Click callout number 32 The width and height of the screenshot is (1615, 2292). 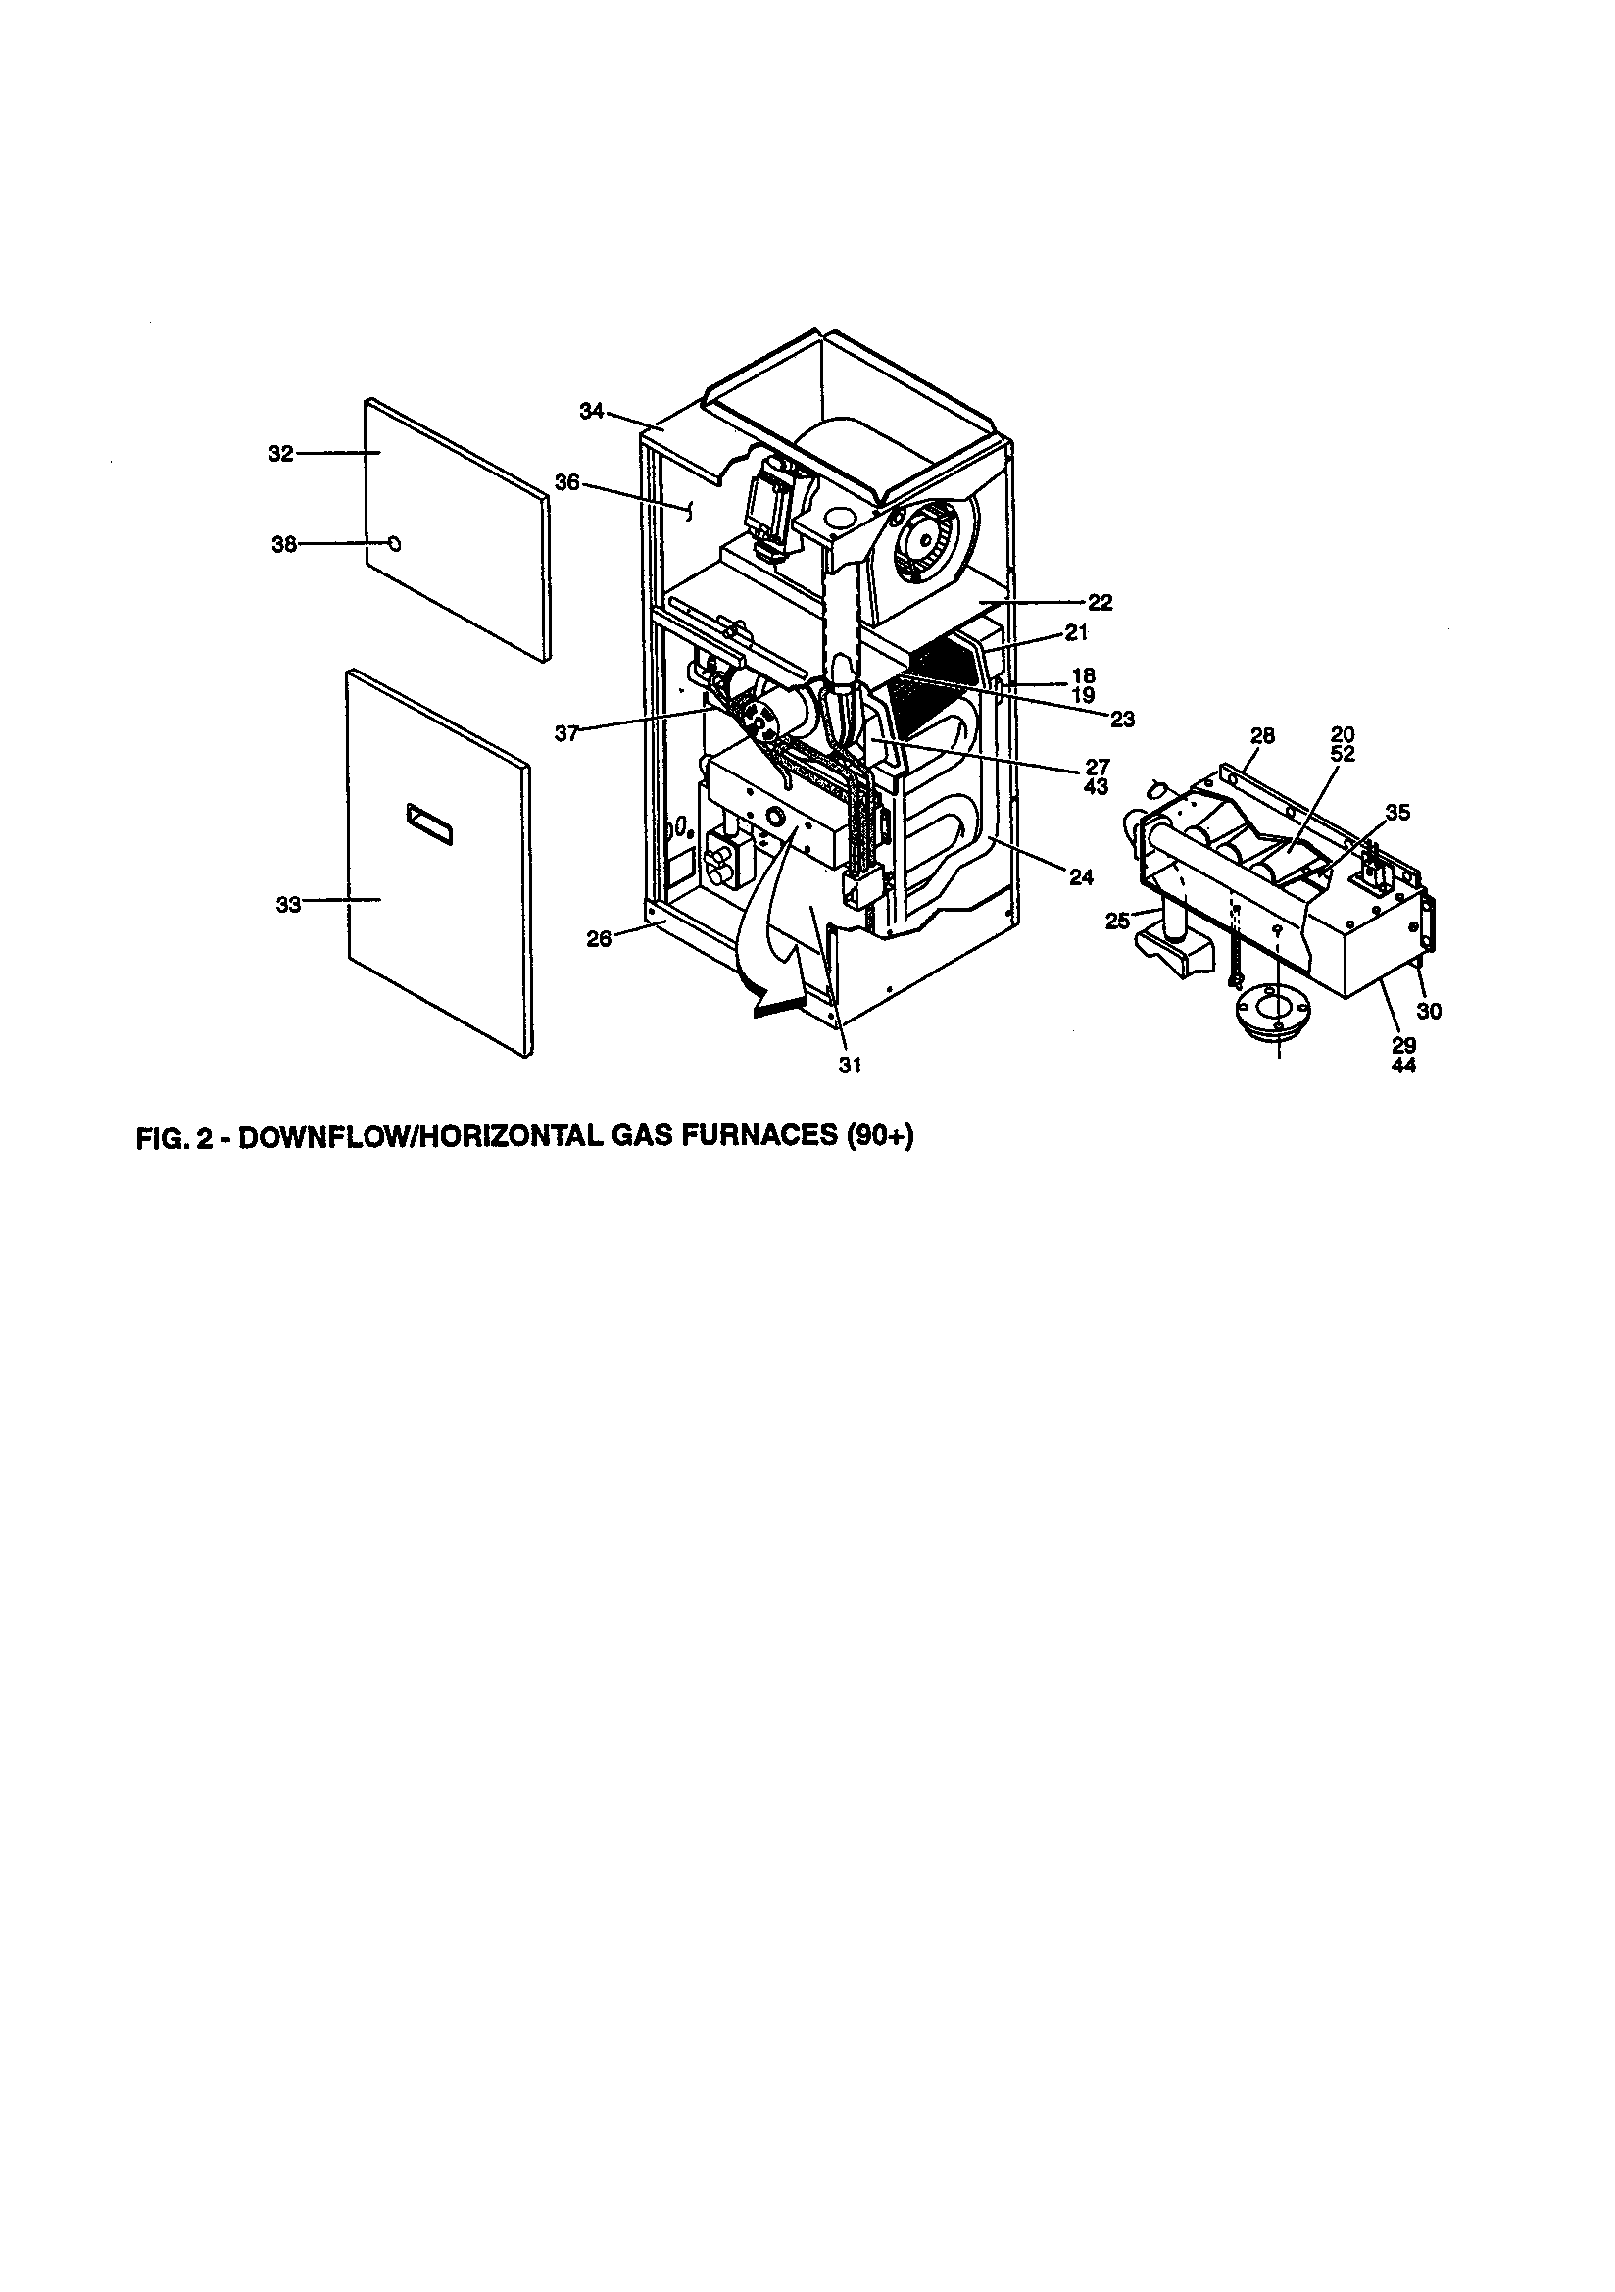pyautogui.click(x=280, y=454)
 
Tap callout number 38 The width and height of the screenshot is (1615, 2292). pyautogui.click(x=284, y=545)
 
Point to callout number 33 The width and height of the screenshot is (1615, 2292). pyautogui.click(x=287, y=906)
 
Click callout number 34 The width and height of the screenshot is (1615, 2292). pyautogui.click(x=592, y=411)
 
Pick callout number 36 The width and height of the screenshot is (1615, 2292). pyautogui.click(x=567, y=483)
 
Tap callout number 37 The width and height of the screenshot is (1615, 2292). pyautogui.click(x=567, y=733)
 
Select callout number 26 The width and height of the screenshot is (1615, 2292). pyautogui.click(x=598, y=939)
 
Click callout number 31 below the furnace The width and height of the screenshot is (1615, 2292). pyautogui.click(x=849, y=1066)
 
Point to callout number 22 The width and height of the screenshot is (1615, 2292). pyautogui.click(x=1100, y=603)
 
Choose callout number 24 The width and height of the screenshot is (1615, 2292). pyautogui.click(x=1081, y=877)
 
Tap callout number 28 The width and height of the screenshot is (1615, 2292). pyautogui.click(x=1262, y=735)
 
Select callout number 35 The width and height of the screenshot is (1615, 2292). pyautogui.click(x=1397, y=813)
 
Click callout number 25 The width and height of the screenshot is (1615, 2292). pyautogui.click(x=1117, y=921)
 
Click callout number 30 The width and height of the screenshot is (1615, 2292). pyautogui.click(x=1430, y=1012)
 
